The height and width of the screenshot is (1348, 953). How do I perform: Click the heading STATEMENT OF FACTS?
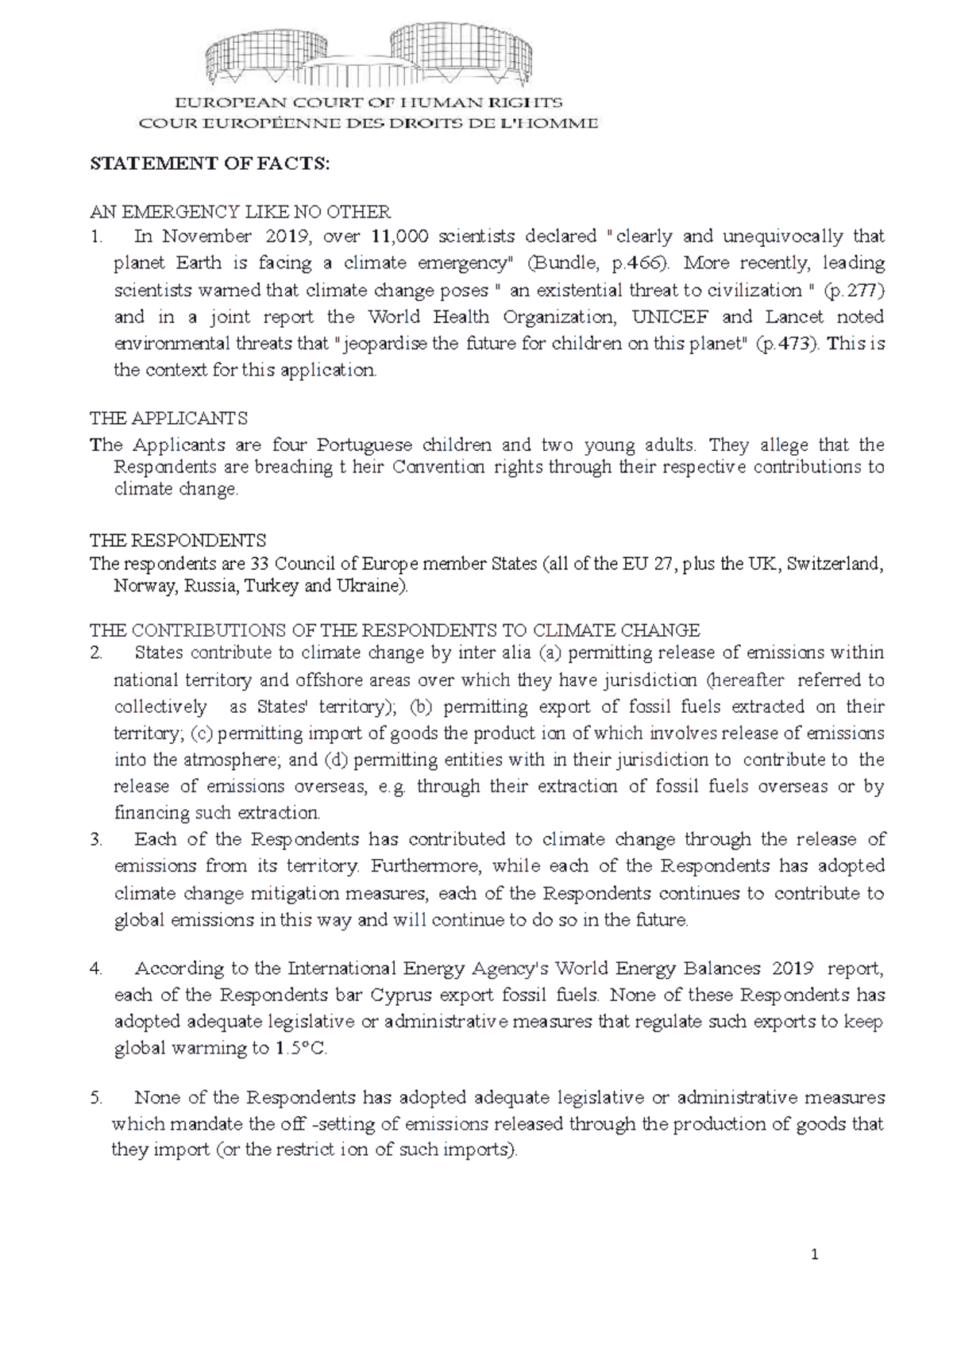pyautogui.click(x=209, y=164)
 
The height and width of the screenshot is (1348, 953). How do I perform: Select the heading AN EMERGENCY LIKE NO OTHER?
pyautogui.click(x=240, y=212)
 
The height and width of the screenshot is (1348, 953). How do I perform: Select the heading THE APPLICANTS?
pyautogui.click(x=168, y=418)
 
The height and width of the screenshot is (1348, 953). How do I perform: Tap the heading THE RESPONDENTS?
pyautogui.click(x=178, y=541)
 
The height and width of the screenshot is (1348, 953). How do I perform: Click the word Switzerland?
pyautogui.click(x=834, y=564)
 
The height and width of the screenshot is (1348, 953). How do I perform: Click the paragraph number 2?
pyautogui.click(x=96, y=653)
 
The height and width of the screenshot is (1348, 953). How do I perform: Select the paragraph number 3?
pyautogui.click(x=96, y=839)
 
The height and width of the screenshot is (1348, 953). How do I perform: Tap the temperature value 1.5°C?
pyautogui.click(x=301, y=1048)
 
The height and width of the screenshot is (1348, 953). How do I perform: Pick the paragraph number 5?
pyautogui.click(x=96, y=1098)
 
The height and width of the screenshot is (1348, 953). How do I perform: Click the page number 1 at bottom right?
pyautogui.click(x=814, y=1255)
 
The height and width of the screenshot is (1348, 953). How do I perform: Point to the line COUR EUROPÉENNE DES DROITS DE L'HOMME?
pyautogui.click(x=368, y=123)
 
